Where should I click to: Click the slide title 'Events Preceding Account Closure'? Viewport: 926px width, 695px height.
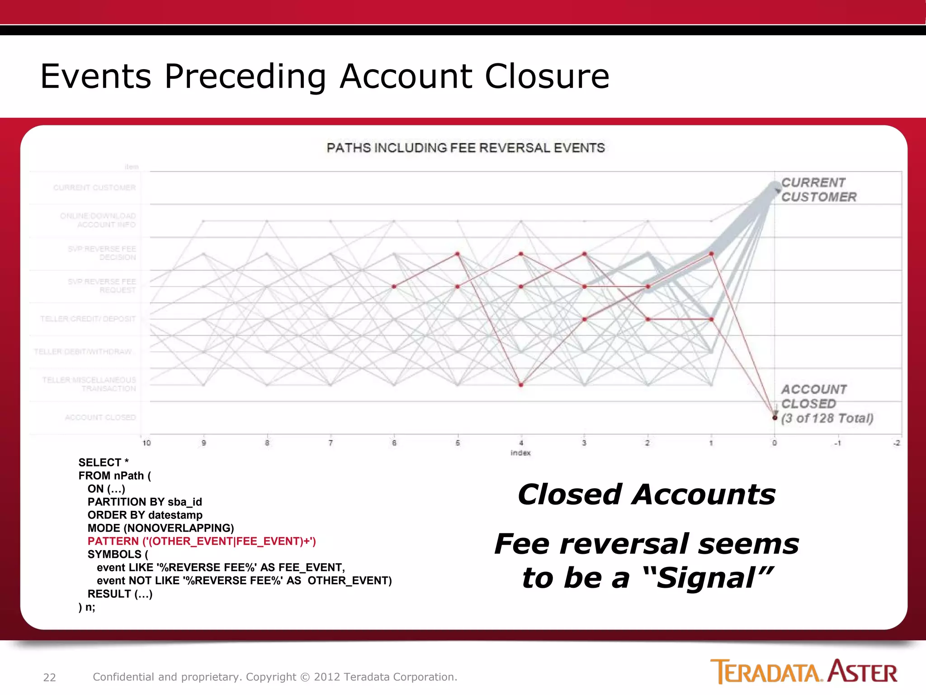pos(325,76)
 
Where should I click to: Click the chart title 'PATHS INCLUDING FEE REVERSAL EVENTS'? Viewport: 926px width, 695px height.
pos(466,148)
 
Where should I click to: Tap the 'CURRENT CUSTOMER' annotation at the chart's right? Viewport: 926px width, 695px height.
pos(818,190)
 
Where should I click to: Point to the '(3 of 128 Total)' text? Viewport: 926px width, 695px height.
pos(827,418)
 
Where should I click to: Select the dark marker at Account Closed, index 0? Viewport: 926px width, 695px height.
pos(775,417)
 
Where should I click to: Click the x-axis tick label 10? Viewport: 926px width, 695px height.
pos(146,443)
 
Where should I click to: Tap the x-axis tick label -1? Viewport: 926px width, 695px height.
pos(837,443)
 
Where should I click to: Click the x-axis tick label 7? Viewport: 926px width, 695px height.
pos(331,443)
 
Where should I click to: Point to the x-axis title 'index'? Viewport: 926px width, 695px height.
pos(520,453)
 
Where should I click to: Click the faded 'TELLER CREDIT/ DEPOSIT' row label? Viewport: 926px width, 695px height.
pos(88,319)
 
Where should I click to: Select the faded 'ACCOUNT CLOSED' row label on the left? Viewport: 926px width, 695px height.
pos(100,417)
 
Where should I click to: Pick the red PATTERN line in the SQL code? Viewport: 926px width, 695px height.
pos(202,541)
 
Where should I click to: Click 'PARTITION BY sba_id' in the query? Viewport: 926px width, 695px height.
pos(145,502)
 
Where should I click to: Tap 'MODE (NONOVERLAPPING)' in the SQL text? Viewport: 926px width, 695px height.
pos(161,528)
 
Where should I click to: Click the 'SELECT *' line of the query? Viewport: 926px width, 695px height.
pos(104,462)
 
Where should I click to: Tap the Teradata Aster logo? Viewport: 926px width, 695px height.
pos(803,671)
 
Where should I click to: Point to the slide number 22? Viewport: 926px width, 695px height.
pos(49,677)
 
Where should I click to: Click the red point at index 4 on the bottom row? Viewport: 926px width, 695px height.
pos(521,385)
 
